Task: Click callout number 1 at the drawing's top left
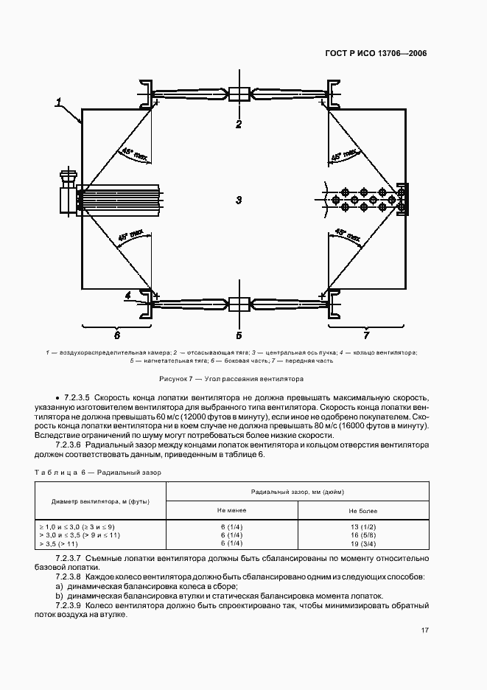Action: pos(59,102)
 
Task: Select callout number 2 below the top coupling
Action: pos(239,124)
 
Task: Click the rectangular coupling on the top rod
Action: pos(239,94)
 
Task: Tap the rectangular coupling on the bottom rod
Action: pos(239,304)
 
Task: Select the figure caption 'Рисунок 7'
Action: pos(243,379)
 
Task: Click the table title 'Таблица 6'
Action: pos(97,471)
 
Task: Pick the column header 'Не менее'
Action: pos(231,510)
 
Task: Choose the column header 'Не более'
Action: pos(363,510)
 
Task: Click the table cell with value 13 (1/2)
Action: pos(363,526)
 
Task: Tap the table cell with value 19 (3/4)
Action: pos(363,543)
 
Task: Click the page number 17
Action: pos(425,630)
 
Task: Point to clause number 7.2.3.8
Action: pos(69,576)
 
